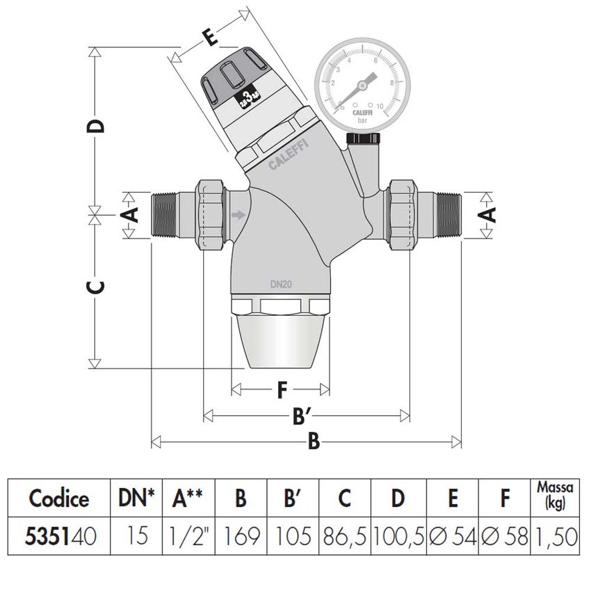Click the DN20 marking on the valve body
[282, 284]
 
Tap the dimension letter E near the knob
[208, 38]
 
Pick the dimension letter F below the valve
[280, 391]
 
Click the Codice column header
[59, 499]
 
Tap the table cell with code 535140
[59, 536]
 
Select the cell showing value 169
[240, 536]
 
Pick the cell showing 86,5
[345, 536]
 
